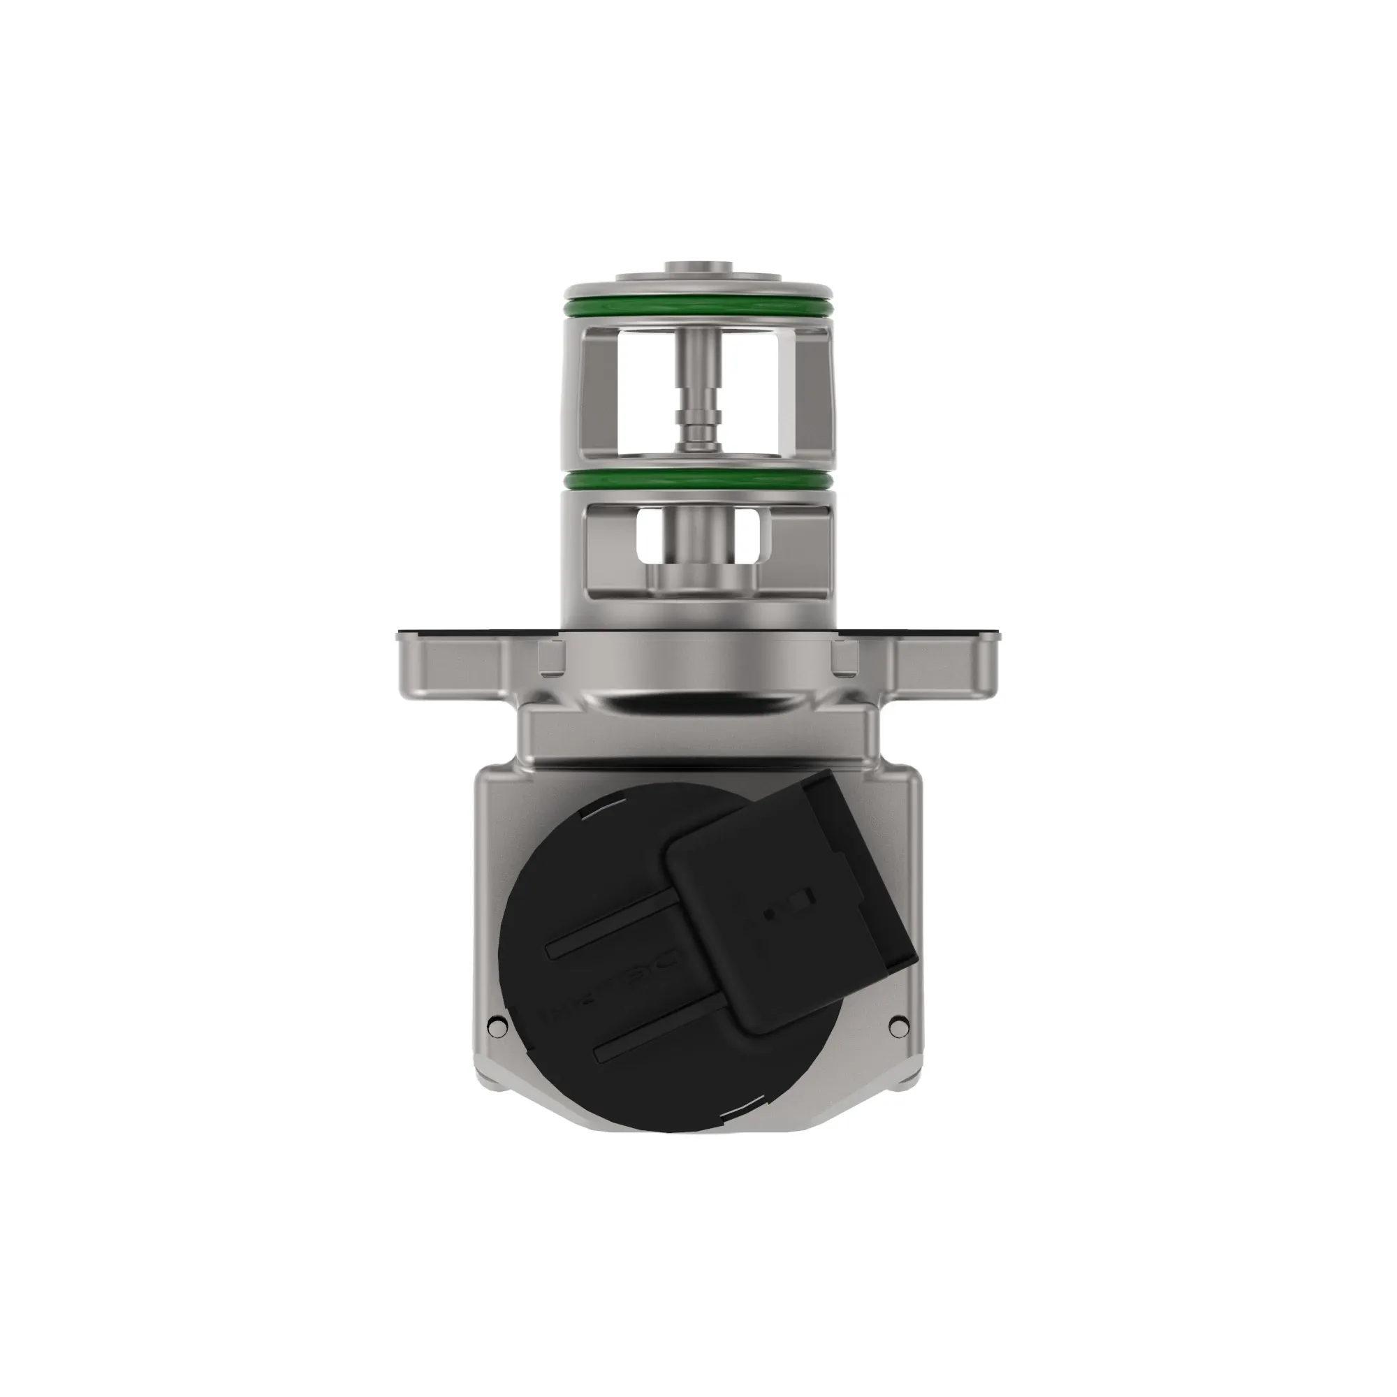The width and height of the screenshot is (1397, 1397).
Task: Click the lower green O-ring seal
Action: (698, 480)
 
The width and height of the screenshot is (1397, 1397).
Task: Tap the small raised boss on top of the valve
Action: (698, 268)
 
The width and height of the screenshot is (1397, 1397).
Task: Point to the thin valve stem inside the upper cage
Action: (698, 390)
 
